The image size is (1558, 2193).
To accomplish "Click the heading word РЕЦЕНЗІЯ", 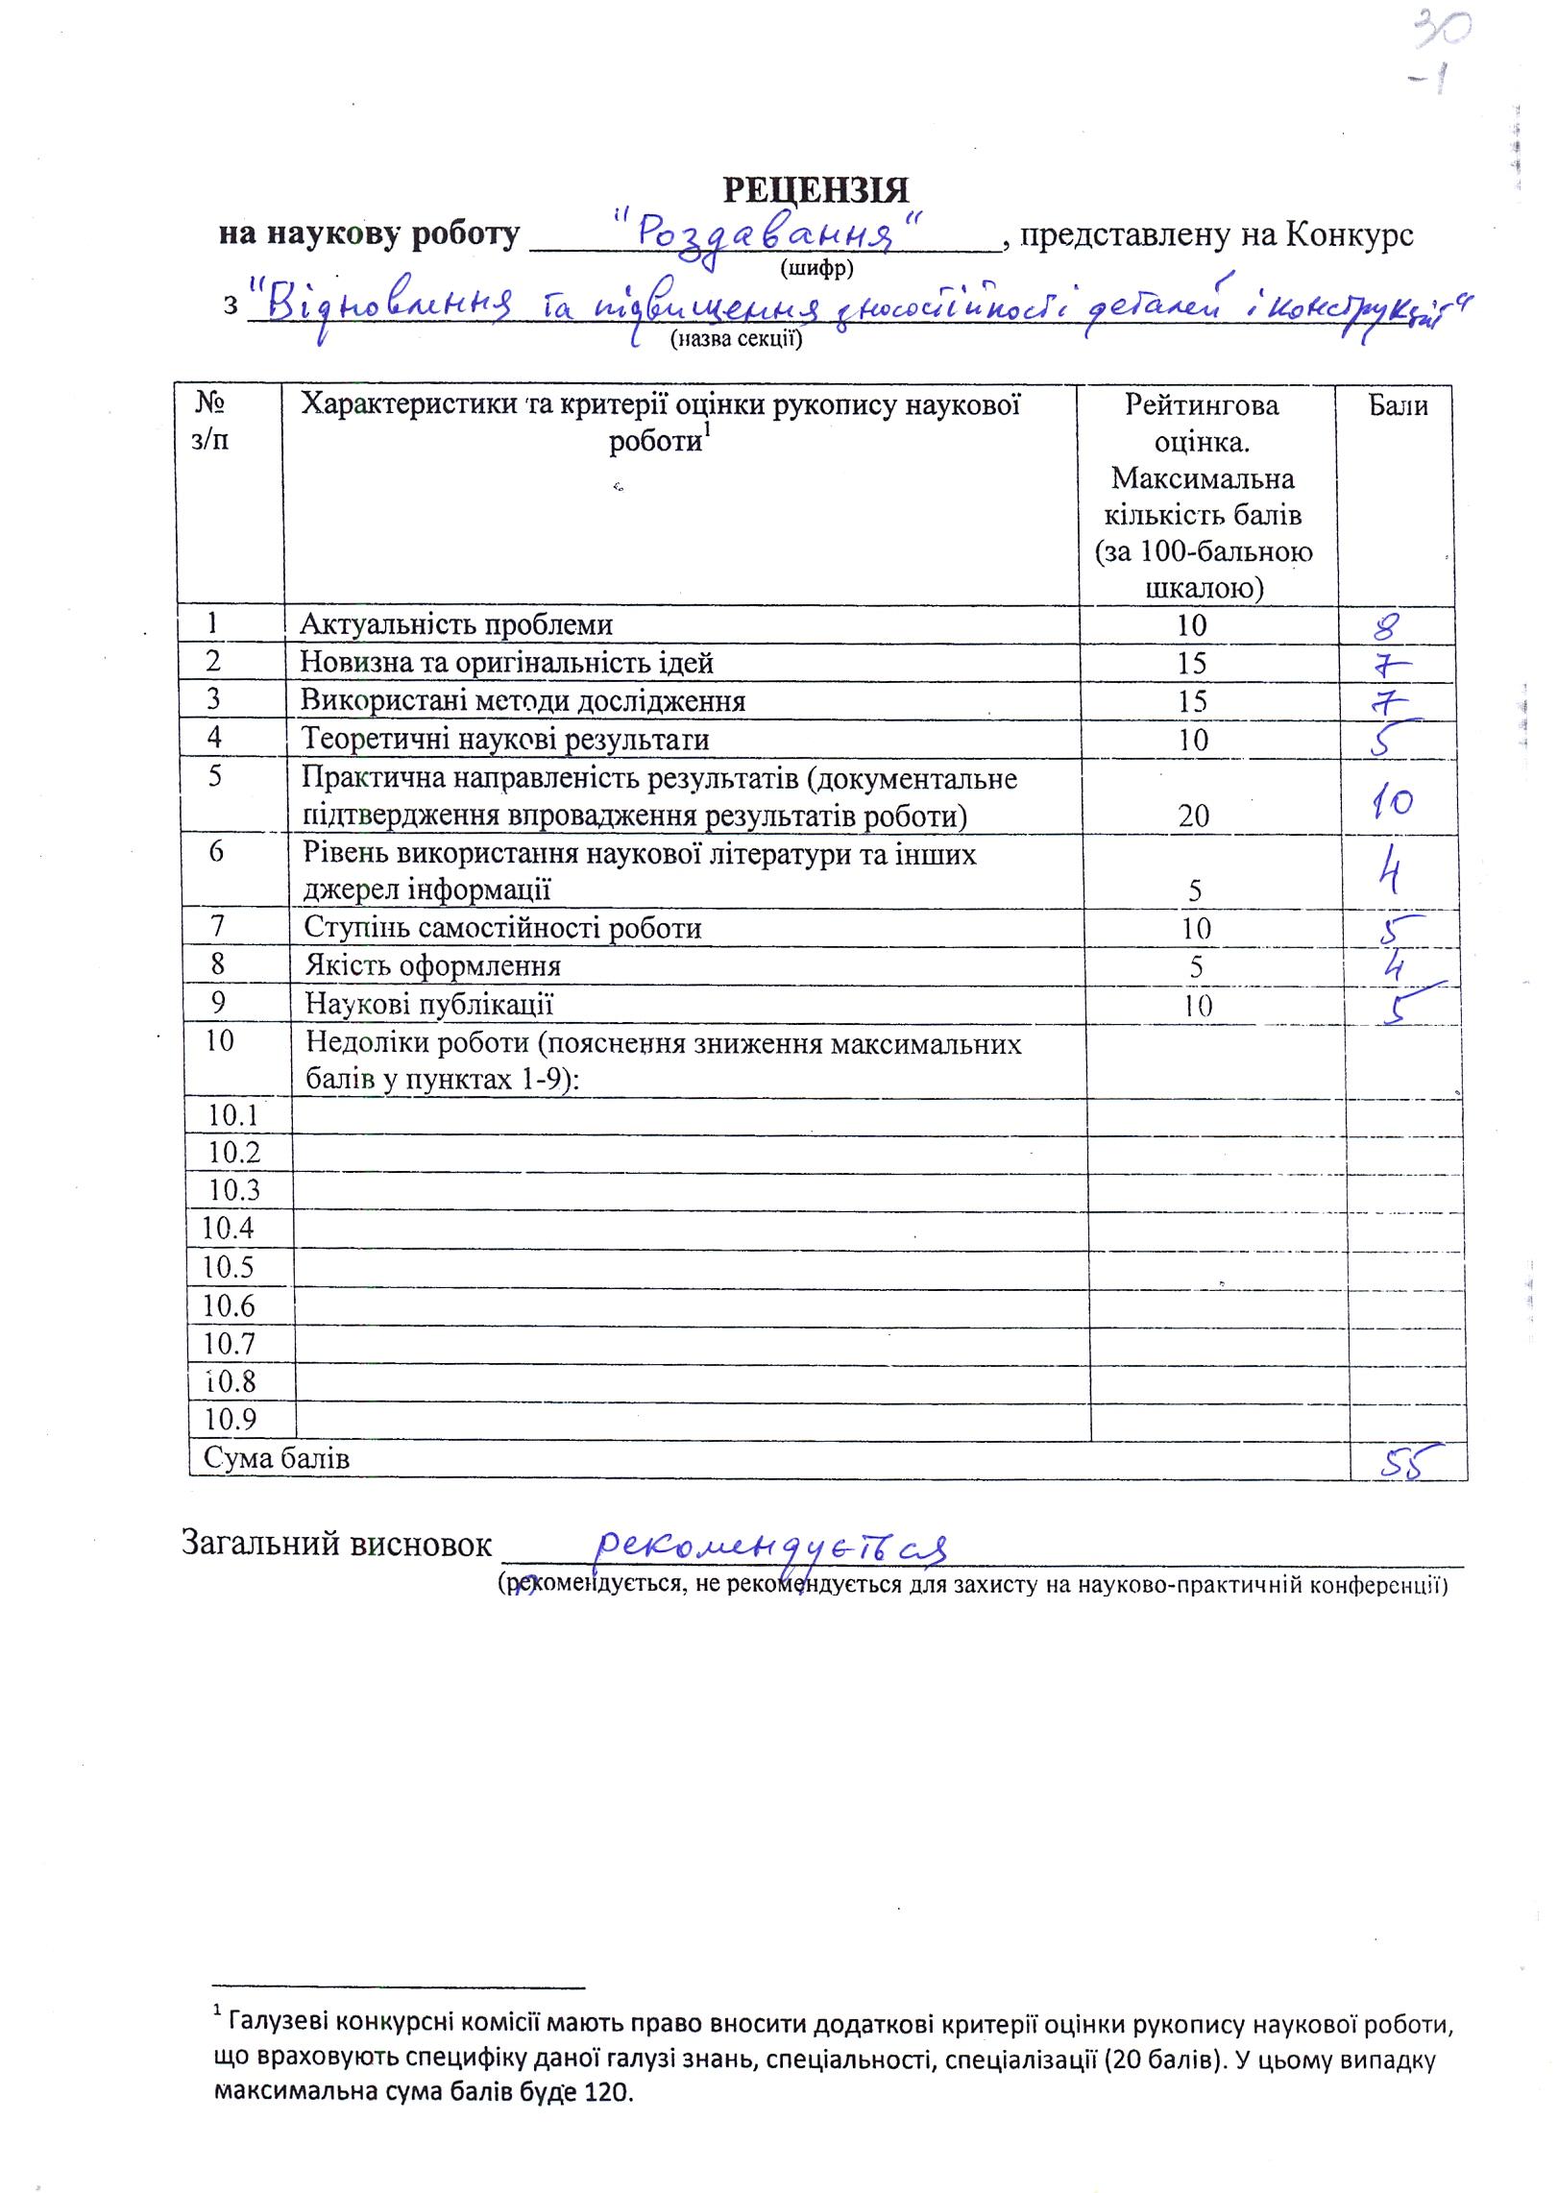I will (815, 190).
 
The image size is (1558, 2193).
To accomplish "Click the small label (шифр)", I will (817, 267).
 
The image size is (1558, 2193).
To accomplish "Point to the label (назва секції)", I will (736, 338).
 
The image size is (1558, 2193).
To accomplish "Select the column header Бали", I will (1398, 406).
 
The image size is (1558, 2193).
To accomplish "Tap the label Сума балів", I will (276, 1458).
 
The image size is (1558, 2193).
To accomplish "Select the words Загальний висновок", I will (336, 1543).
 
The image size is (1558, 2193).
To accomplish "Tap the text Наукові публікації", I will (428, 1005).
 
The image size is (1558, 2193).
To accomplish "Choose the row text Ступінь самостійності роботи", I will (502, 928).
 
